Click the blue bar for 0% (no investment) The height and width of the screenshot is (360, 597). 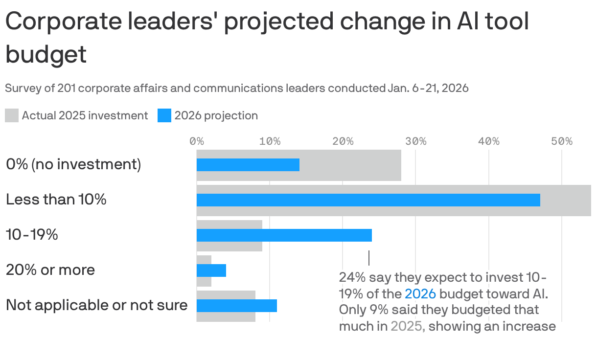point(248,165)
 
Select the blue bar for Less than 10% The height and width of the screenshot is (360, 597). point(368,200)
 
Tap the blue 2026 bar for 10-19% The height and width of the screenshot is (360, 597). point(284,235)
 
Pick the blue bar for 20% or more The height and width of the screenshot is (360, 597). point(211,270)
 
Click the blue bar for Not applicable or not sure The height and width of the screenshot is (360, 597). point(236,306)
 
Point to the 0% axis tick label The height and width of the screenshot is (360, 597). point(197,141)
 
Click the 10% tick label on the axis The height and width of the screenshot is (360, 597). point(270,141)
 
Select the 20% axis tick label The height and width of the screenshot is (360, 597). point(343,141)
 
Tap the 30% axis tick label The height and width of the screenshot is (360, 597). point(415,141)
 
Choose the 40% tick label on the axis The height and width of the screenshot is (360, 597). point(488,141)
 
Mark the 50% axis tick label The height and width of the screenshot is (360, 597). point(561,141)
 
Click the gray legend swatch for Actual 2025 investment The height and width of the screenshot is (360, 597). point(12,116)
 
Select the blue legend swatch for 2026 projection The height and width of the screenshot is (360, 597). point(164,116)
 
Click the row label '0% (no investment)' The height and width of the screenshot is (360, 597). point(73,164)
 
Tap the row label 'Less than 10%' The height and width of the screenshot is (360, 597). point(56,200)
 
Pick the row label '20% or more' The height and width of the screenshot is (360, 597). point(50,270)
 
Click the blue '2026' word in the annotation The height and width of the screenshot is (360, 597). point(420,293)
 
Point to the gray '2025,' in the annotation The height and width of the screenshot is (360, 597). point(408,326)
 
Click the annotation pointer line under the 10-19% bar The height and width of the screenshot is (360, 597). point(368,258)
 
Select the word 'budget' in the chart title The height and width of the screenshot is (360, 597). point(46,54)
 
